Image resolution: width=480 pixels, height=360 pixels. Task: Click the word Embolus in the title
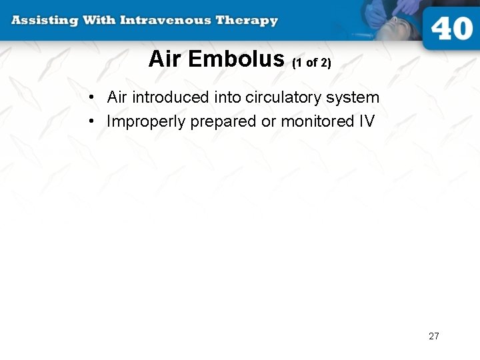pyautogui.click(x=236, y=59)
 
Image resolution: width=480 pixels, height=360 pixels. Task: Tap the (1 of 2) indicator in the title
pyautogui.click(x=311, y=63)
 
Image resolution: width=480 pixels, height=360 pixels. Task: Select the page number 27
pyautogui.click(x=434, y=336)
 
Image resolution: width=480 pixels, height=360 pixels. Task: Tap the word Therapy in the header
pyautogui.click(x=247, y=20)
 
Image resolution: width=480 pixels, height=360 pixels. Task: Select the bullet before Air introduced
pyautogui.click(x=90, y=98)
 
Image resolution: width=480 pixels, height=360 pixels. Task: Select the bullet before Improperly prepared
pyautogui.click(x=90, y=122)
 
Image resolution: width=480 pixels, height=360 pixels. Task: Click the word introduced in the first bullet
pyautogui.click(x=171, y=97)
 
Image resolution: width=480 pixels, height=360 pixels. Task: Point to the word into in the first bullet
pyautogui.click(x=227, y=97)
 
